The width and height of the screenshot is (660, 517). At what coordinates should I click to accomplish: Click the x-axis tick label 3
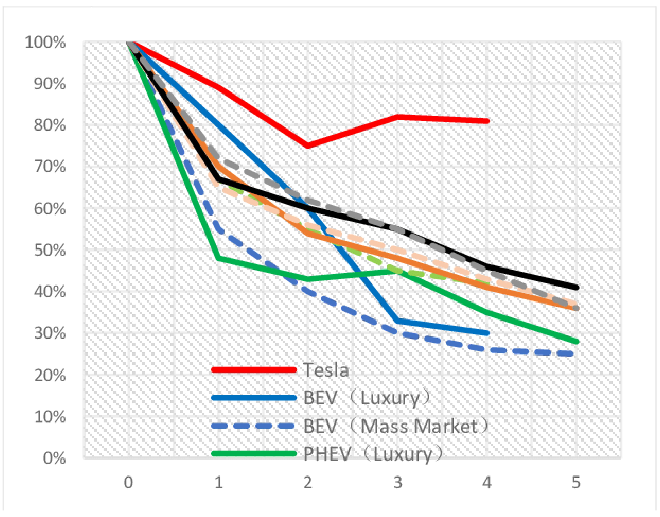[x=397, y=482]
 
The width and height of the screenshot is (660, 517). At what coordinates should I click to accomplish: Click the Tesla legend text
[x=326, y=370]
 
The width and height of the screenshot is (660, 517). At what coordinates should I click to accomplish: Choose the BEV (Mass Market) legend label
[x=396, y=426]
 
